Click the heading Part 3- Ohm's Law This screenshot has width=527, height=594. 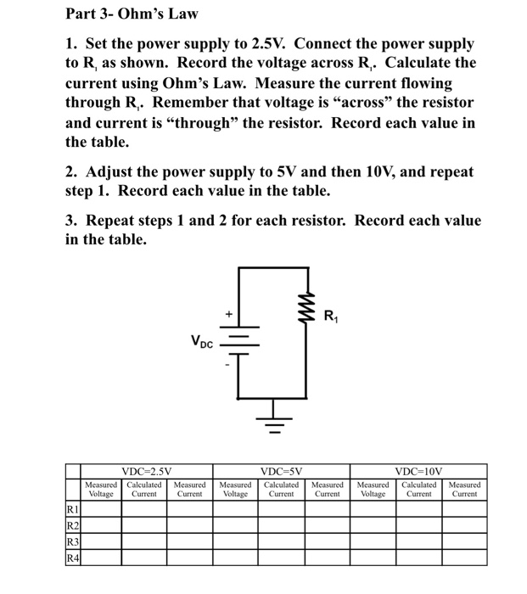[x=132, y=14]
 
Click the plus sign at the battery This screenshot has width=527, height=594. [x=228, y=315]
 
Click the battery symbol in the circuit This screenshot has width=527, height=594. [x=238, y=340]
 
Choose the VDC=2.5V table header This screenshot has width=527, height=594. [x=146, y=471]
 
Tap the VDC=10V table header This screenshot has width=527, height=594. [x=418, y=471]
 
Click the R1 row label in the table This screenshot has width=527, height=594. [x=73, y=508]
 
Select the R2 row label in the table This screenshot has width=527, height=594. [x=73, y=524]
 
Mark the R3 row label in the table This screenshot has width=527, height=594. [x=73, y=541]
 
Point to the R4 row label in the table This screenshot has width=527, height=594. [x=73, y=557]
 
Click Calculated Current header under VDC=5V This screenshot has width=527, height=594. [x=281, y=489]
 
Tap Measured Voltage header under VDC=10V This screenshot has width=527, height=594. [x=373, y=489]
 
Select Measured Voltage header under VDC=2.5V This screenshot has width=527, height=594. [x=101, y=489]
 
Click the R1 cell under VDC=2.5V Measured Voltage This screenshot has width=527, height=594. [x=101, y=508]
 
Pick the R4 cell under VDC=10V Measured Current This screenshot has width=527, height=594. [x=464, y=557]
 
